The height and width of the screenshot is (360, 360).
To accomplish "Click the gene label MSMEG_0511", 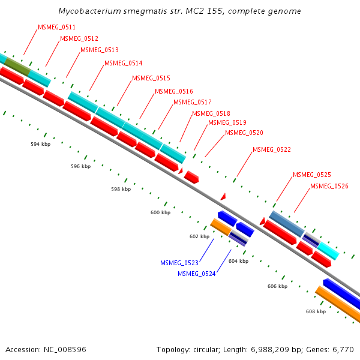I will click(x=56, y=28).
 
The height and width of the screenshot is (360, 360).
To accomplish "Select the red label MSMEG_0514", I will click(x=123, y=63).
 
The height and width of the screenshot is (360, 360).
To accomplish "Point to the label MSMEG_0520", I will click(x=244, y=133).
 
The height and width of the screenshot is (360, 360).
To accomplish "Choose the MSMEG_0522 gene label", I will click(x=271, y=149).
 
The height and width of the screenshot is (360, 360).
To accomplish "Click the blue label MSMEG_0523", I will click(x=179, y=263).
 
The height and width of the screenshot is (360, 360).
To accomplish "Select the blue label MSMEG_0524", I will click(x=196, y=274).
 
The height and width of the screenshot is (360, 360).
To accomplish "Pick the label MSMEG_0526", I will click(x=329, y=186).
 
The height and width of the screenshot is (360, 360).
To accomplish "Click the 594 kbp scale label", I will click(x=41, y=145).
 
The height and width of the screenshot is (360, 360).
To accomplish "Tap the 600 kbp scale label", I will click(x=160, y=212).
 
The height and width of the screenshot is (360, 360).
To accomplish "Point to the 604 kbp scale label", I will click(x=238, y=261).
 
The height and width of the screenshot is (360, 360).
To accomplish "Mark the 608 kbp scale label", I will click(x=316, y=311).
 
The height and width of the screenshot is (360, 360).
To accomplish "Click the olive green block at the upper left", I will click(x=17, y=68).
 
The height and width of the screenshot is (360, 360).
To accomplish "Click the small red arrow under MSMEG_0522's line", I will click(x=223, y=196).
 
